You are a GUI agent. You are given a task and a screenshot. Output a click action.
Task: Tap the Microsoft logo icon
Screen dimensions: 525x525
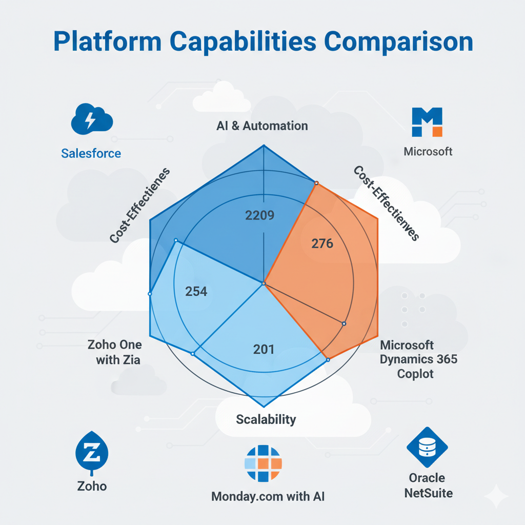[x=427, y=122]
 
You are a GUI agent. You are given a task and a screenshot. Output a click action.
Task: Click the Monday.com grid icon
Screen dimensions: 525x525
[x=263, y=463]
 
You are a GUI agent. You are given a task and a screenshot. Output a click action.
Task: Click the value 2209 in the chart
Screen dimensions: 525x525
[x=260, y=215]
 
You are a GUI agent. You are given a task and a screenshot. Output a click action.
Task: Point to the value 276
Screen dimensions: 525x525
[x=322, y=244]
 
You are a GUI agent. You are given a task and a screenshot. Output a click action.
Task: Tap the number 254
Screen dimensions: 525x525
[x=196, y=292]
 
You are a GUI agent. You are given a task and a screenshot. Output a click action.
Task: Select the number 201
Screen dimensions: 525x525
[x=264, y=350]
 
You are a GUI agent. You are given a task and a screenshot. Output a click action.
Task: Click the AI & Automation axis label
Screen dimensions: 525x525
[x=262, y=126]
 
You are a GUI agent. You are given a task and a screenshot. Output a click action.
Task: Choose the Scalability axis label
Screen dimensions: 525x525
[x=266, y=419]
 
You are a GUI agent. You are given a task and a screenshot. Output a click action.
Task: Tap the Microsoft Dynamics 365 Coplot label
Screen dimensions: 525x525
[x=418, y=359]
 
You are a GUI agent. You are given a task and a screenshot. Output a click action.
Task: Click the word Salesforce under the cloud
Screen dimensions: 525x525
[x=91, y=153]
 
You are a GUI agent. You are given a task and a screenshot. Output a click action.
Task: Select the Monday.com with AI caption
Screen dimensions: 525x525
[x=268, y=496]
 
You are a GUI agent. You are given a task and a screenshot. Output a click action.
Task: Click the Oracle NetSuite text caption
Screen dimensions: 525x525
[x=427, y=486]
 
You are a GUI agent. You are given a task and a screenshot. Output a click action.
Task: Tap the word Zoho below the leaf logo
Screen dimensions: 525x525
[x=92, y=486]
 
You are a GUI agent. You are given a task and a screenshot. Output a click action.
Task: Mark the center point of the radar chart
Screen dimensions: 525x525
[x=264, y=283]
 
